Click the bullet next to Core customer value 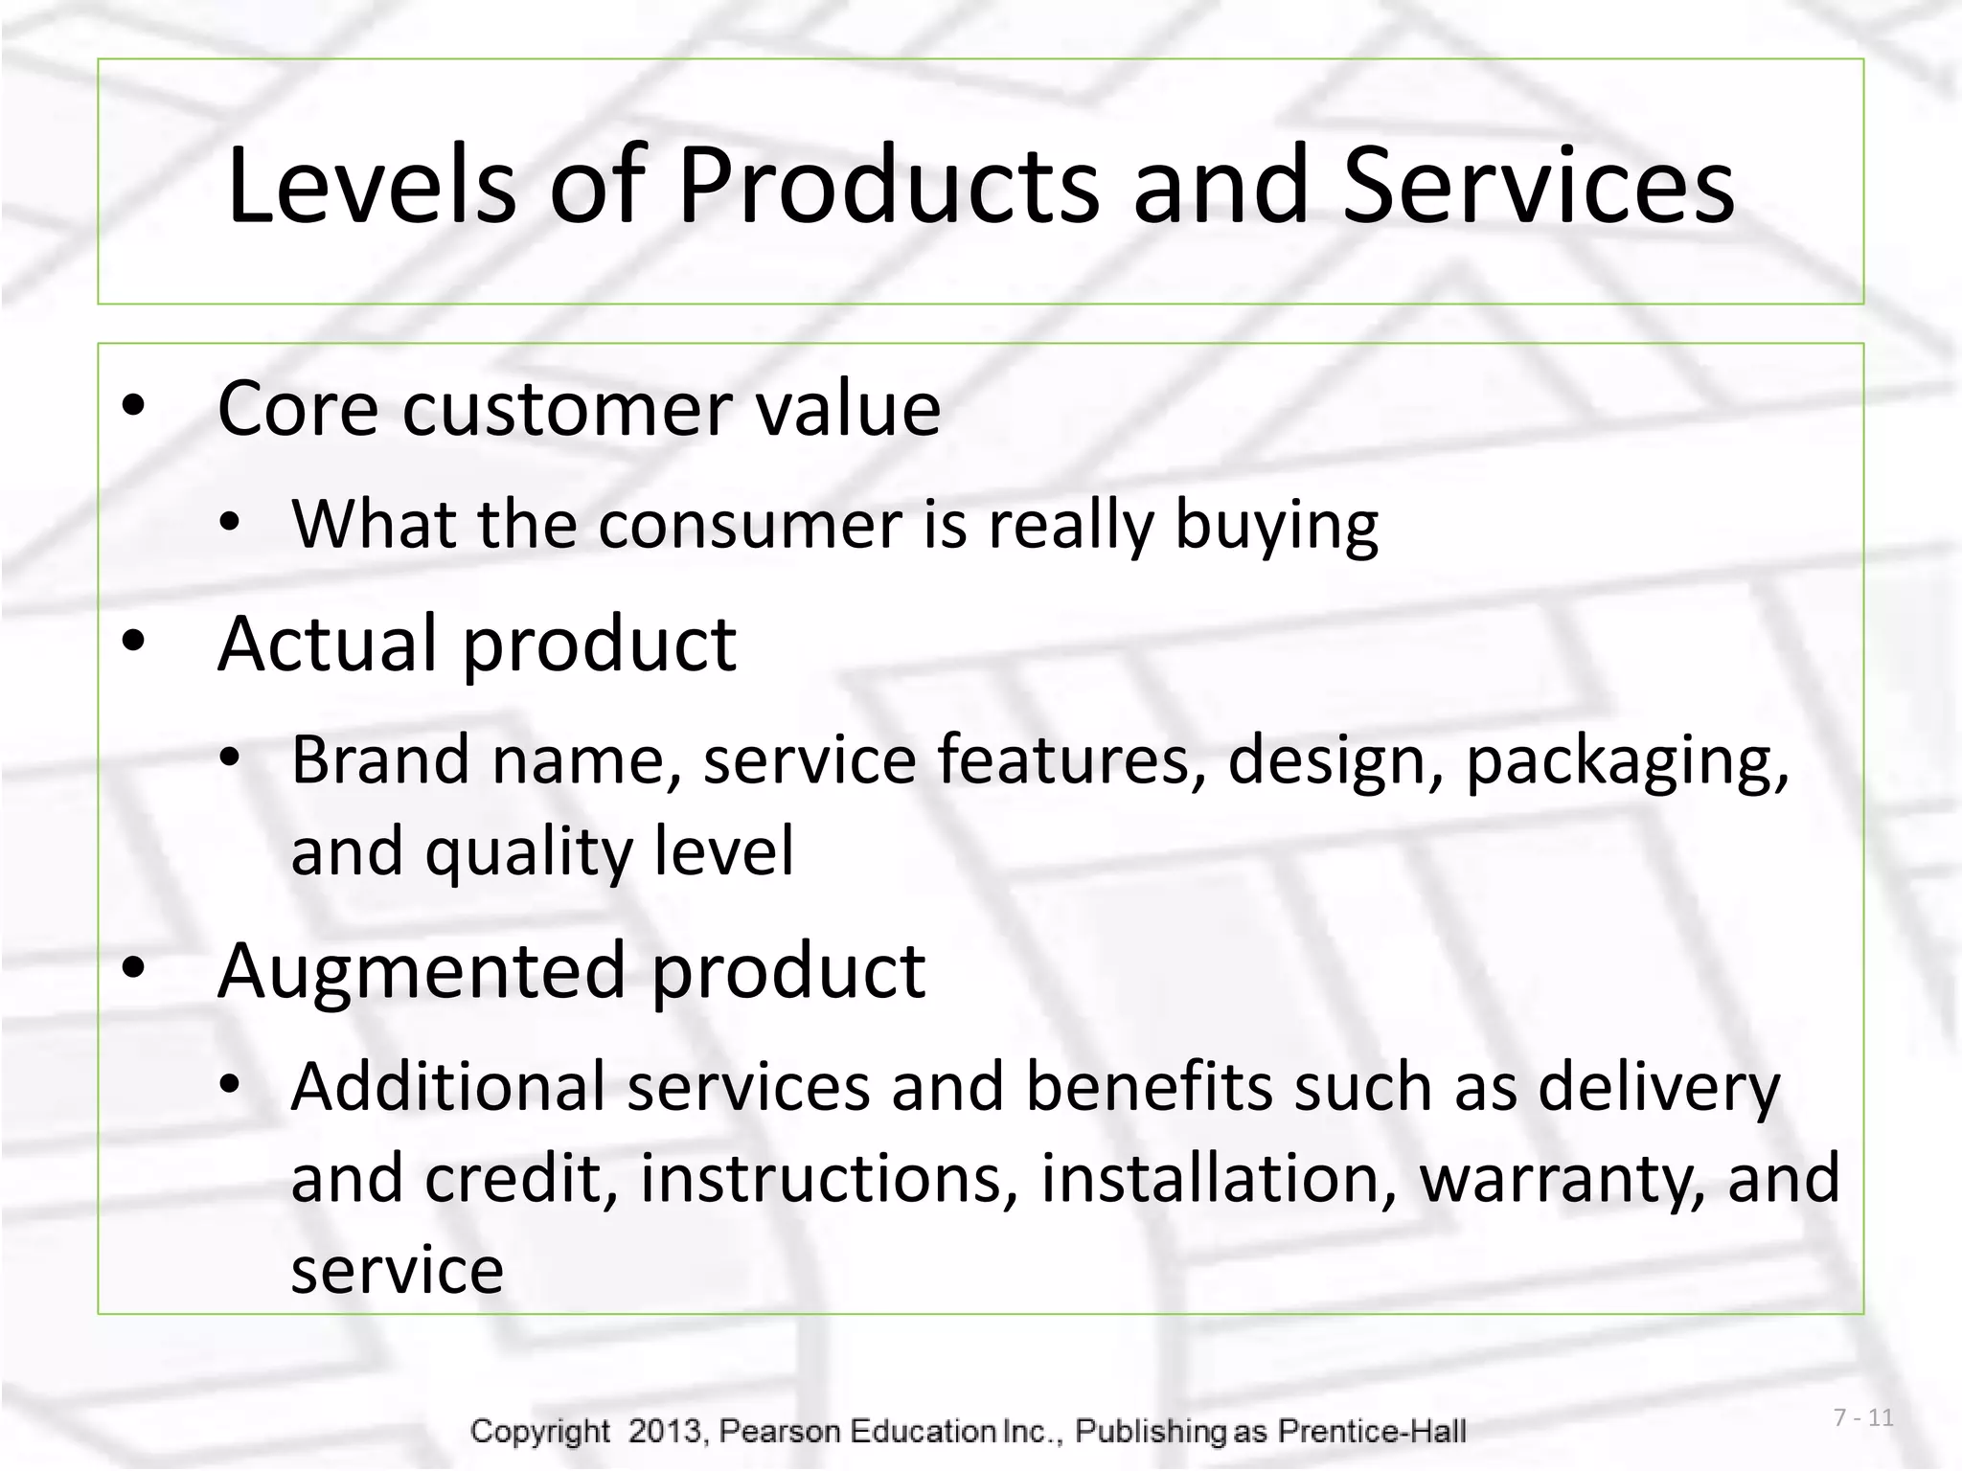tap(133, 406)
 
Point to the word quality tap(528, 852)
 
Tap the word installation tap(1218, 1178)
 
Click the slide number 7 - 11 tap(1863, 1418)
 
